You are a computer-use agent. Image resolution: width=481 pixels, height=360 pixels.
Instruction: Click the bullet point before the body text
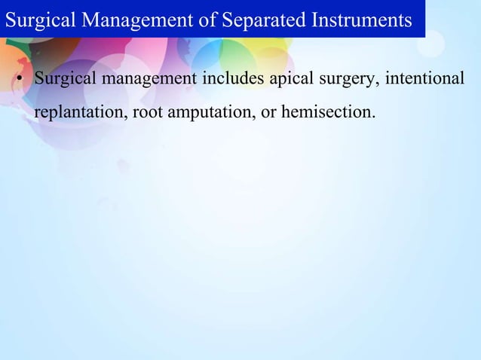pos(20,79)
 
